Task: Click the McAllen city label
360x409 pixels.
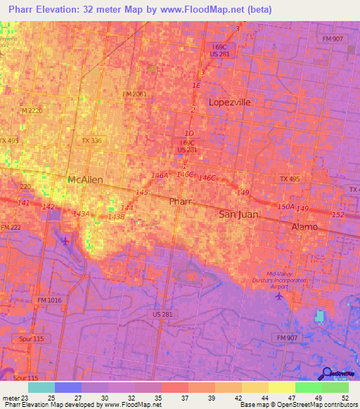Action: coord(85,180)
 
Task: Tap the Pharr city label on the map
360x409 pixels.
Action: coord(180,202)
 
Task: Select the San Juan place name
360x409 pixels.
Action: coord(238,214)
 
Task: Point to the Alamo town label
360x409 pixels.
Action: coord(304,227)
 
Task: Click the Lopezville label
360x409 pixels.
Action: coord(229,102)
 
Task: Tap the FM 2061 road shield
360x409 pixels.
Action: coord(135,93)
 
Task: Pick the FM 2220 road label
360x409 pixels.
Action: coord(31,111)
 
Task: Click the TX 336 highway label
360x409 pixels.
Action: coord(91,141)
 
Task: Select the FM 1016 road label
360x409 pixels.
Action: coord(50,300)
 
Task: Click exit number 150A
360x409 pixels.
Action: coord(285,206)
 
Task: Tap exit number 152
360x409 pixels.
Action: coord(337,214)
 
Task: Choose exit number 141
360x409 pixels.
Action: coord(23,202)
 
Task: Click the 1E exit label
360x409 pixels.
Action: coord(196,85)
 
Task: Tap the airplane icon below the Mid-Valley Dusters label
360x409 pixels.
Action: coord(280,296)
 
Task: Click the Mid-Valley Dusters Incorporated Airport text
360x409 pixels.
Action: coord(279,280)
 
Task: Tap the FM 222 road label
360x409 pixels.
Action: coord(10,227)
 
